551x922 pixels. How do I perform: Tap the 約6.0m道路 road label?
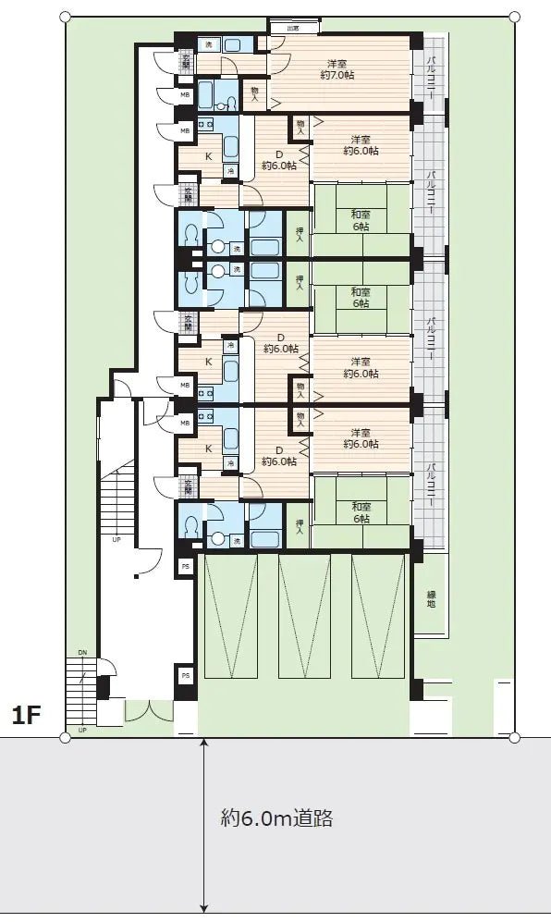(276, 818)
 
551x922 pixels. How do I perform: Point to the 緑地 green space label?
(431, 598)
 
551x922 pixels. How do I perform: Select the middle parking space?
(304, 614)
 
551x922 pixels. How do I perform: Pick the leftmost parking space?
(232, 614)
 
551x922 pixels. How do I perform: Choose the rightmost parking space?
(377, 614)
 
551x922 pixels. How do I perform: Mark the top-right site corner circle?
(514, 18)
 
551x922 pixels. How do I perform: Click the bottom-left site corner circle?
(65, 737)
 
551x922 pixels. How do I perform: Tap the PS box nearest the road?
(185, 676)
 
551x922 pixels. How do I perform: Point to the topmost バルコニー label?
(431, 78)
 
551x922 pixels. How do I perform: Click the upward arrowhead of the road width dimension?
(203, 743)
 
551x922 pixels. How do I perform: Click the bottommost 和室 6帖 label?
(360, 512)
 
